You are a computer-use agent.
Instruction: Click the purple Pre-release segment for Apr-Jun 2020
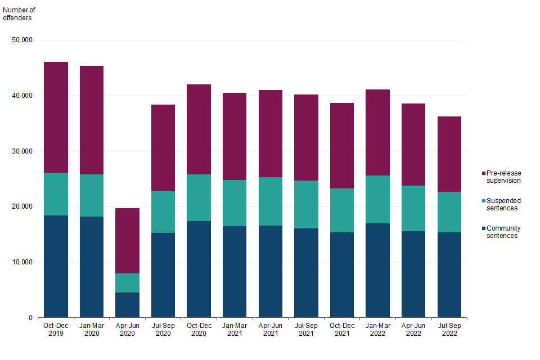point(127,241)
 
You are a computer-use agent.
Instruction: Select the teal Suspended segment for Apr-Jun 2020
point(127,283)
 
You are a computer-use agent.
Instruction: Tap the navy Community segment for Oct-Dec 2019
point(56,267)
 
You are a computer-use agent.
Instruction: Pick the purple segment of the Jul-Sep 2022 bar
point(449,154)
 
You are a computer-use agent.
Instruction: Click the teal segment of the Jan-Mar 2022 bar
point(377,200)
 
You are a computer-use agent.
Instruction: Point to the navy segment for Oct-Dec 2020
point(199,269)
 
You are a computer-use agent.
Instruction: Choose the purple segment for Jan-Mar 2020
point(91,120)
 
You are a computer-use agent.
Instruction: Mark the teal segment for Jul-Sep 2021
point(306,205)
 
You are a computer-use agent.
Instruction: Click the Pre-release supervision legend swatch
point(483,173)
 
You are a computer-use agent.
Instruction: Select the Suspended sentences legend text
point(503,204)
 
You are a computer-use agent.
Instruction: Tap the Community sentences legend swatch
point(483,228)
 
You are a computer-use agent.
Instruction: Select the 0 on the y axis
point(31,318)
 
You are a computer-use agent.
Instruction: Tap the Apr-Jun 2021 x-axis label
point(270,330)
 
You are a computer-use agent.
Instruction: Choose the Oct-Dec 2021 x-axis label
point(342,330)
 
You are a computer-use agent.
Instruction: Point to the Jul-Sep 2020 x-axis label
point(163,330)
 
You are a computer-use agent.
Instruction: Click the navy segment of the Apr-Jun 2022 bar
point(413,274)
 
